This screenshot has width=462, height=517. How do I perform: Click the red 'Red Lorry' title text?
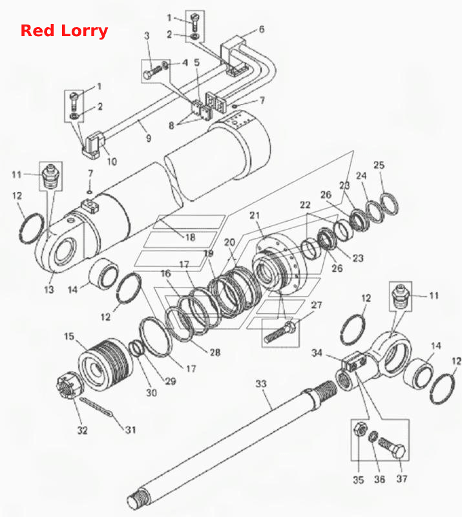65,31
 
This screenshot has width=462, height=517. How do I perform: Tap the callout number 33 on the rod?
261,384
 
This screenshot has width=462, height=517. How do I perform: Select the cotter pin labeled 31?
97,408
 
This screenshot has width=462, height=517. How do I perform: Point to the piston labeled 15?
105,365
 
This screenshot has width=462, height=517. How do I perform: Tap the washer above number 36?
373,437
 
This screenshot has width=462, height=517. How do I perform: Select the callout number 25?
379,165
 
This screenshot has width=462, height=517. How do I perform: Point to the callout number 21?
255,216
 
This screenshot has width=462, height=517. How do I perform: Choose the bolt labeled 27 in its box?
280,332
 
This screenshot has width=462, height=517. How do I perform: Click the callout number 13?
49,290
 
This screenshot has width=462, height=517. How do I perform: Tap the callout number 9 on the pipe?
149,138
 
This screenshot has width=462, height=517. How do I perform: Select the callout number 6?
262,29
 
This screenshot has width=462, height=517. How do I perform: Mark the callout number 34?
317,353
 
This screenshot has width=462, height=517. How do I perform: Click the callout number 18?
190,237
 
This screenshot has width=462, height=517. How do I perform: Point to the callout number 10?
112,162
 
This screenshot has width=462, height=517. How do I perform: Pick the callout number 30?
151,393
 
